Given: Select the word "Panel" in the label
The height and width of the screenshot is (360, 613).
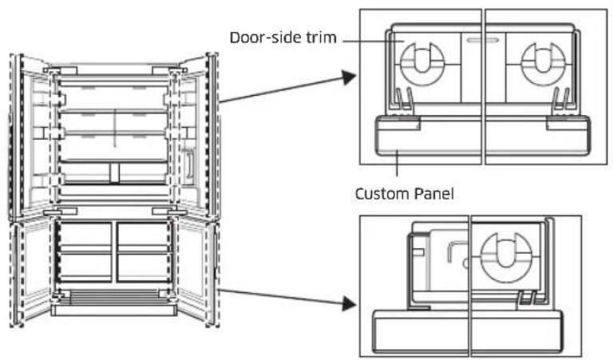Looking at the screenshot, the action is (432, 193).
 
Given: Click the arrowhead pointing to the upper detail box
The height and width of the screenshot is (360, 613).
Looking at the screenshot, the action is (348, 77).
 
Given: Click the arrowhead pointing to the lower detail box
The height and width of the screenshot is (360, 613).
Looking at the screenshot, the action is (349, 303).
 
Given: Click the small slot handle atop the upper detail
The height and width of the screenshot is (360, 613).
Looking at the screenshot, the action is (483, 40).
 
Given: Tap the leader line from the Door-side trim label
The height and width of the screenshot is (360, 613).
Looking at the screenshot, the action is (373, 41).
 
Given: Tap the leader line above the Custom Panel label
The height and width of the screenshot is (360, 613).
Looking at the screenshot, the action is (397, 163).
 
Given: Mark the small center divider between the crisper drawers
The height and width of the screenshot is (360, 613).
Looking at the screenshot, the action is (114, 173).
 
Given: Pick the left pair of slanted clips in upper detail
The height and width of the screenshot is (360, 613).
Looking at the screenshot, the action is (404, 101).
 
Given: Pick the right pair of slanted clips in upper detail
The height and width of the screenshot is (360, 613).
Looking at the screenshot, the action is (561, 101).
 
